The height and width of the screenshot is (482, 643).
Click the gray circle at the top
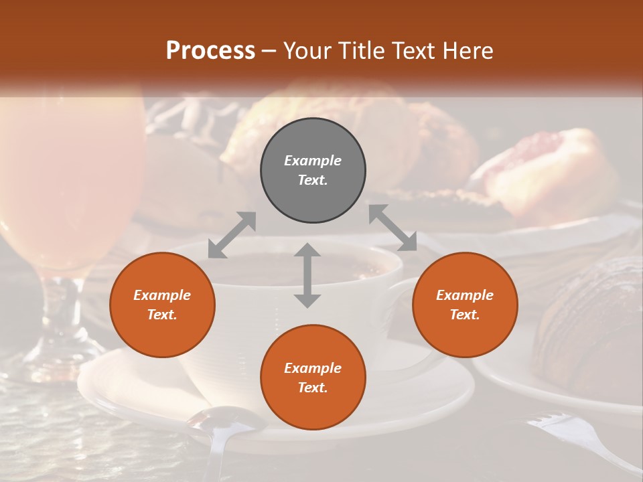point(313,171)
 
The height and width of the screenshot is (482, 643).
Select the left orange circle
point(162,305)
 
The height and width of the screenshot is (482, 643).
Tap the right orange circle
point(465,305)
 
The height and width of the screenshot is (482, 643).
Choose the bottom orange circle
point(313,378)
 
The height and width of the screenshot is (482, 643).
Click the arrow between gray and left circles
point(232,235)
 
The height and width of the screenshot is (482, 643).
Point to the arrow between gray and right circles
point(393,228)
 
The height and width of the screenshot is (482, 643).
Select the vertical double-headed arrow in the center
point(307,275)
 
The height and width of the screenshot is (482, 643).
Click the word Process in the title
point(210,50)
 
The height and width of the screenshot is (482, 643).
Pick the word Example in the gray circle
point(313,161)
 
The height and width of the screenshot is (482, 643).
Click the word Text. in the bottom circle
point(313,388)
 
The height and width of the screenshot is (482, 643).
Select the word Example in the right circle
point(465,295)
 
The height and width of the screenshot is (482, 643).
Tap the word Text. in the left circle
point(162,315)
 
